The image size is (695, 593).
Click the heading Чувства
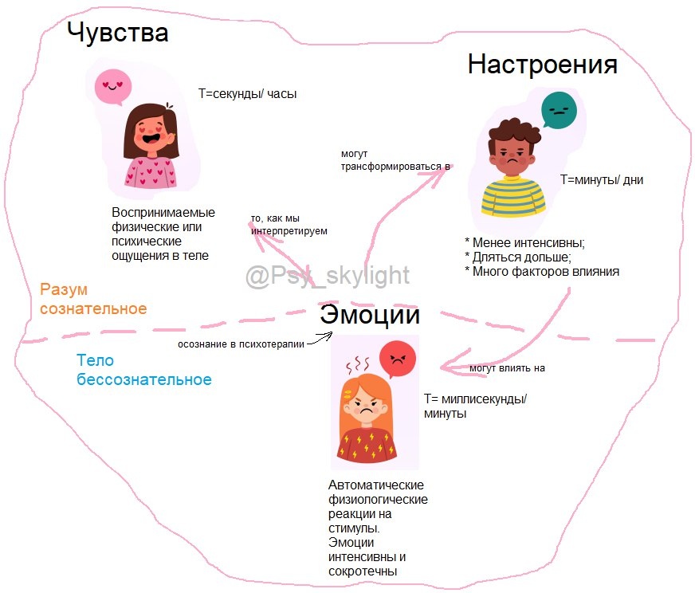point(117,33)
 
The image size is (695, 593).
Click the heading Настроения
point(543,65)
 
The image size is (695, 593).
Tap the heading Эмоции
point(370,314)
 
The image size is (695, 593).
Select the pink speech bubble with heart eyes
point(113,87)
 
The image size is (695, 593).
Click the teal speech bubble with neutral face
point(560,110)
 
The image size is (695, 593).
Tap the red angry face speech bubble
point(398,359)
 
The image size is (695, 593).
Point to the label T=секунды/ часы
point(247,94)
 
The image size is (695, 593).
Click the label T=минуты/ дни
point(602,180)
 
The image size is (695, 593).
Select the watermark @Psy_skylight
point(327,276)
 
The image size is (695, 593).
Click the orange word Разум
point(64,289)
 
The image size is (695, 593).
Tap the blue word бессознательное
point(144,380)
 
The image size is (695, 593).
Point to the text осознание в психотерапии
point(241,344)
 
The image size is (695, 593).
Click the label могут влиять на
point(507,368)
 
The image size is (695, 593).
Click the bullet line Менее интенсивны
point(524,243)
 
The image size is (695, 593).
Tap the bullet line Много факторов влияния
point(542,271)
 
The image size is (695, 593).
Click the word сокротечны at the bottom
point(362,571)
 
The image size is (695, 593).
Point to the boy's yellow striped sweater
point(513,197)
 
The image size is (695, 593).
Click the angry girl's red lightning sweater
point(366,445)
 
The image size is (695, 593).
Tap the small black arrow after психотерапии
point(320,339)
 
